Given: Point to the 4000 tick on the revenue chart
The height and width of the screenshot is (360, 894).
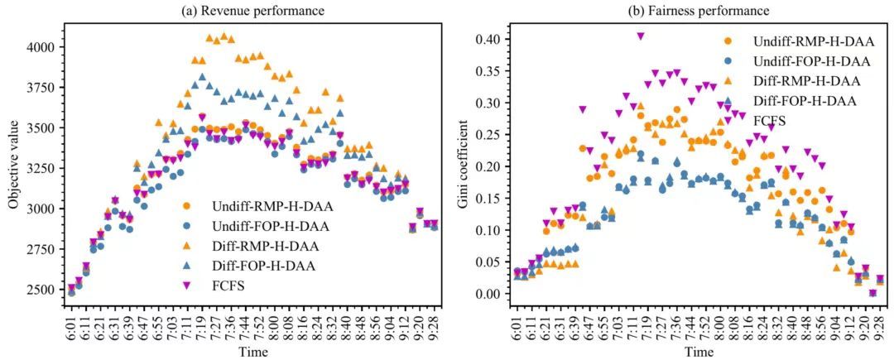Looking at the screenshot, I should [42, 48].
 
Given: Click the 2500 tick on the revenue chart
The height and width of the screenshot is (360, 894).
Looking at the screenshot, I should [42, 290].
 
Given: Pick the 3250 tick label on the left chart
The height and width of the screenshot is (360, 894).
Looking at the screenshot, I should [42, 169].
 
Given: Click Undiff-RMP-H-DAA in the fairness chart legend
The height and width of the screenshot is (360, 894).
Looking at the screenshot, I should [799, 41].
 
